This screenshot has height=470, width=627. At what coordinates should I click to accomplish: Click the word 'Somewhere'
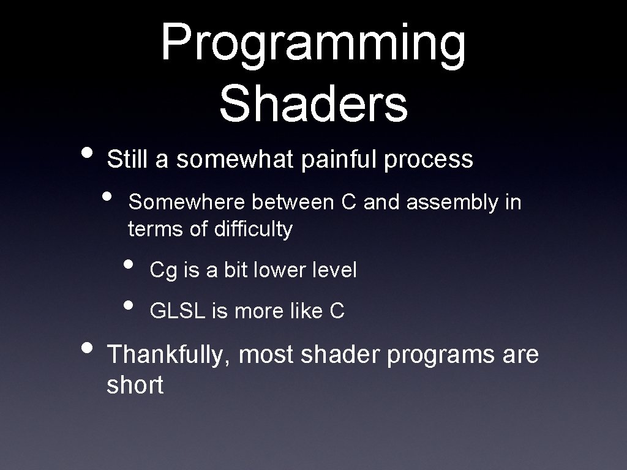[188, 202]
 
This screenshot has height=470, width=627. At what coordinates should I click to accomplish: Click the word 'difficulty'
[253, 229]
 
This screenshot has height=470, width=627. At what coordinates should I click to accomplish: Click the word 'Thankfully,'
[169, 355]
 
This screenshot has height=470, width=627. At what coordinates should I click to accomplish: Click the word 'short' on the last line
[135, 386]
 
